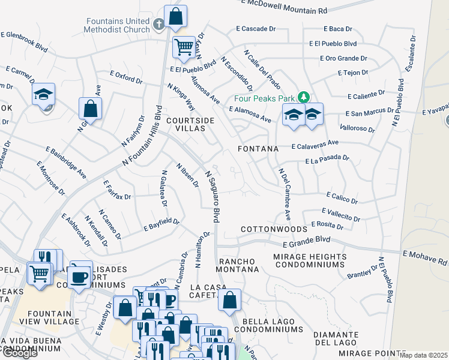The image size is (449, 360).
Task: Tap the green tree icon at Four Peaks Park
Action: click(x=304, y=97)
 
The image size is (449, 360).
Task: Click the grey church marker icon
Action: click(x=158, y=25)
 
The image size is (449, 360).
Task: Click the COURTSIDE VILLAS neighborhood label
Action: click(x=190, y=124)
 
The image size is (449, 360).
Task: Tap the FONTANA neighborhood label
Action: click(x=258, y=148)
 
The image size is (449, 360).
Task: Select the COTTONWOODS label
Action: click(x=274, y=229)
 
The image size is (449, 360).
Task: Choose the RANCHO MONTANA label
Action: click(x=237, y=266)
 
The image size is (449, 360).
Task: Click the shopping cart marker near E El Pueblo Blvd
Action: click(x=184, y=46)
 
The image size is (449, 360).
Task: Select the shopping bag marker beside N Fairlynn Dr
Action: click(x=90, y=109)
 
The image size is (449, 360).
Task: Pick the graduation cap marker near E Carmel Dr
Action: click(x=43, y=94)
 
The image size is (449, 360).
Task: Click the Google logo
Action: click(x=20, y=353)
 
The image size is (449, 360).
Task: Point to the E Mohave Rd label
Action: click(x=426, y=258)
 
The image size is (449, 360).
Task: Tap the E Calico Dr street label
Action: click(x=342, y=197)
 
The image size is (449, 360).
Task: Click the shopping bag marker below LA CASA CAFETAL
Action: click(x=229, y=301)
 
